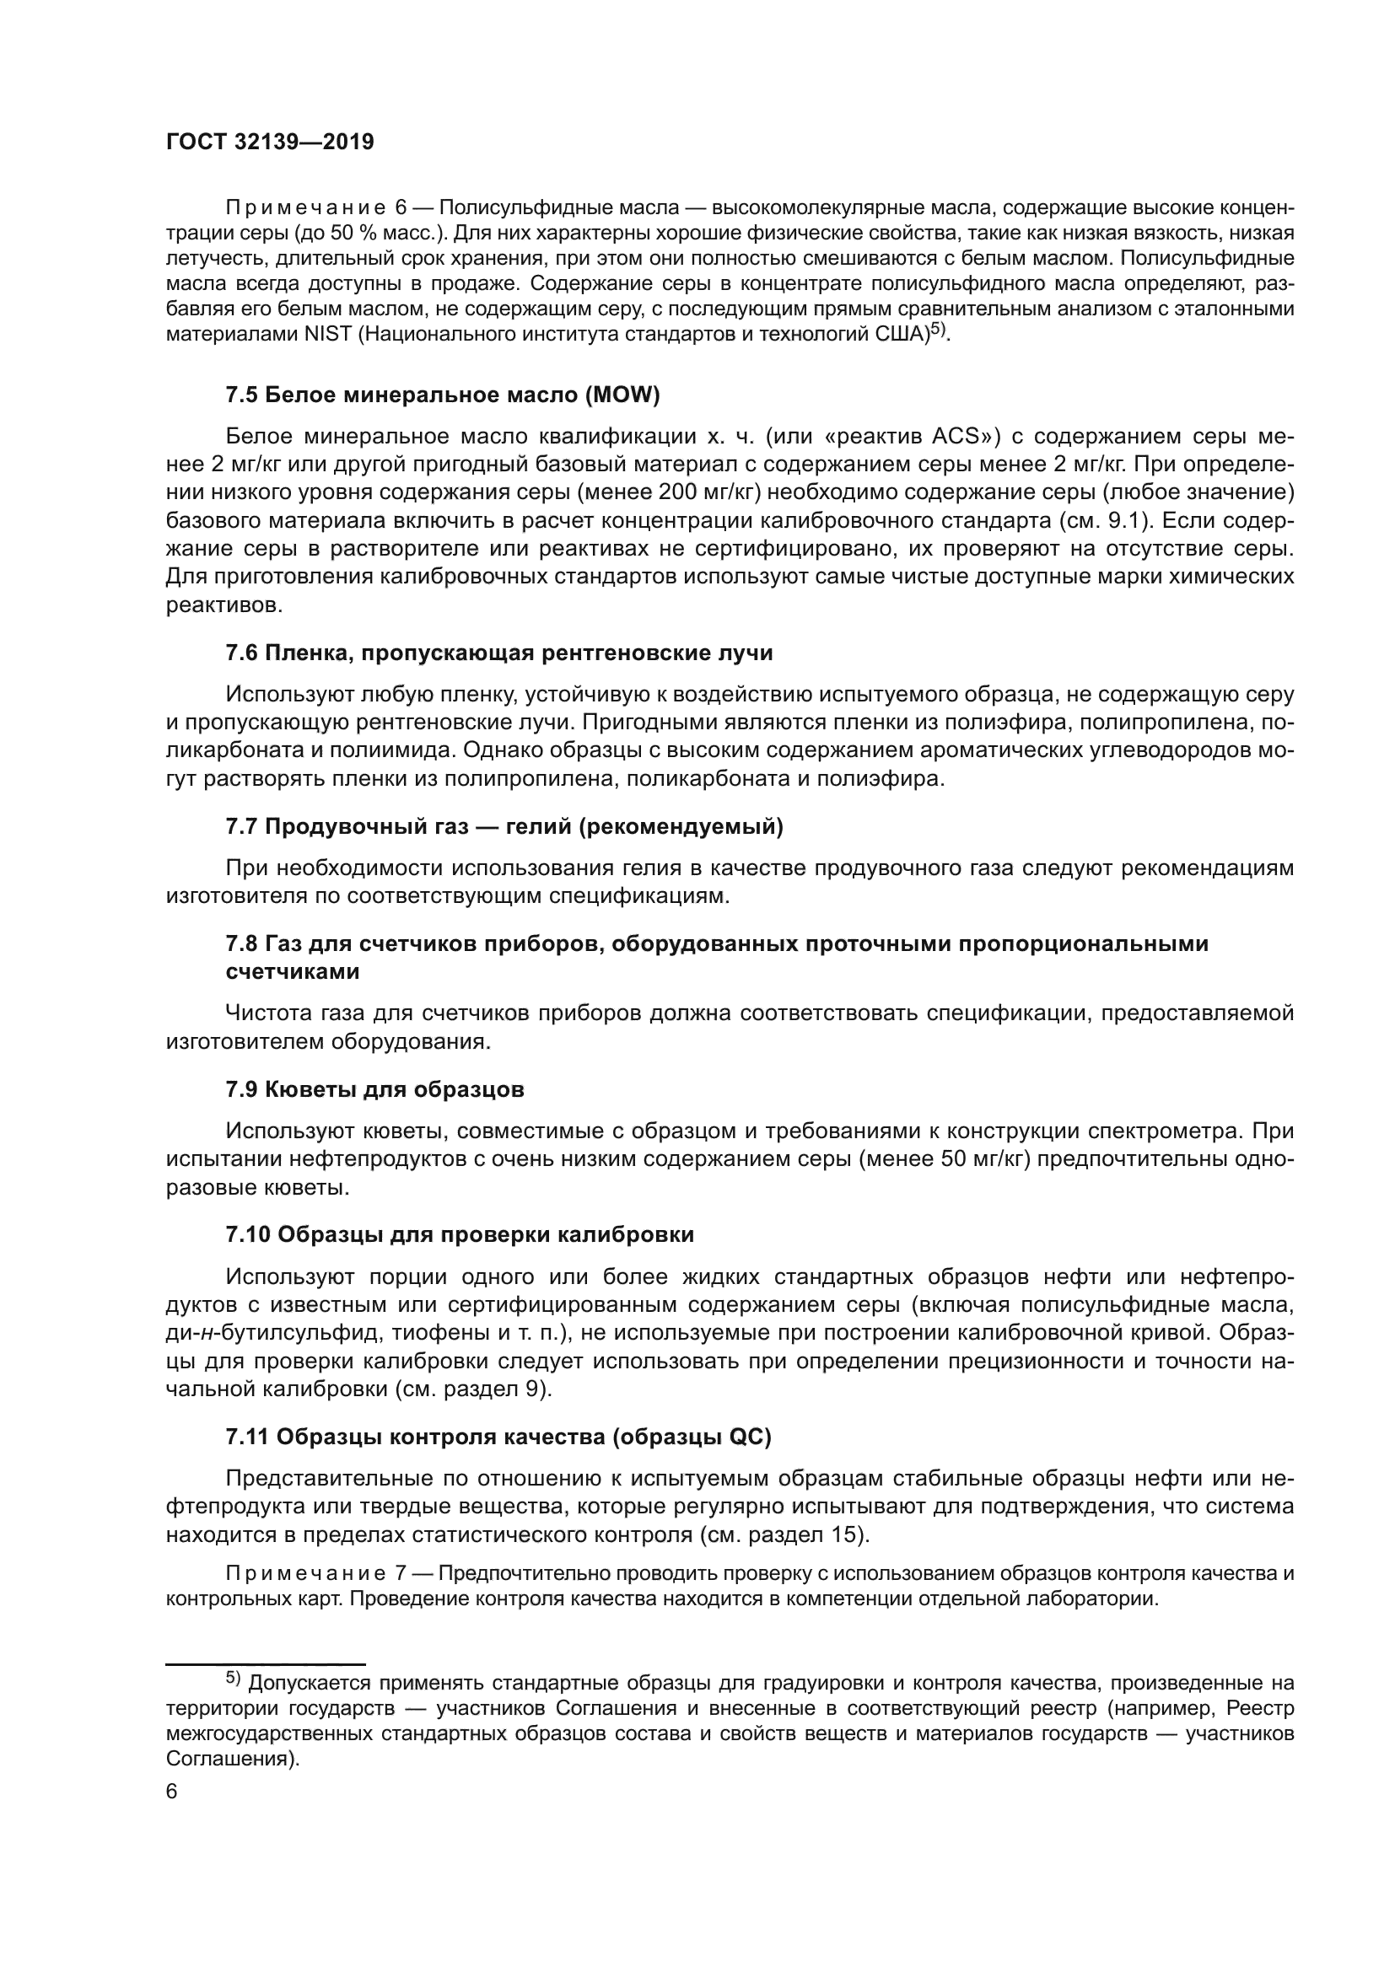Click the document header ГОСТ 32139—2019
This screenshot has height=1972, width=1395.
[270, 142]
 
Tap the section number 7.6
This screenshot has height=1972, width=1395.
[241, 653]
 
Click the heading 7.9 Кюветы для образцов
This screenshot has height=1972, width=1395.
[374, 1090]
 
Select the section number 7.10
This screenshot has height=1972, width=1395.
[247, 1235]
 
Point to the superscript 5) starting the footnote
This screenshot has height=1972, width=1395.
[234, 1678]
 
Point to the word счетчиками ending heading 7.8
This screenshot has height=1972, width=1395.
[292, 972]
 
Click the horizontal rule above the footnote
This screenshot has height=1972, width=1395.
[266, 1664]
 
